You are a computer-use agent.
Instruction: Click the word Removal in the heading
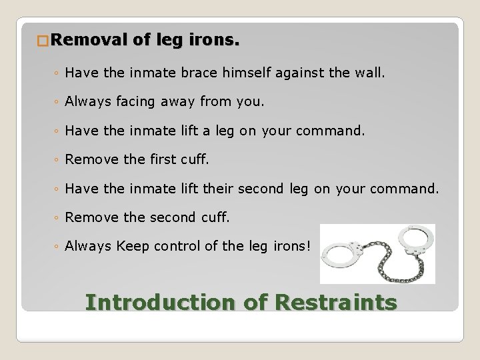click(88, 41)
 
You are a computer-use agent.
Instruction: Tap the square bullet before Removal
click(43, 41)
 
